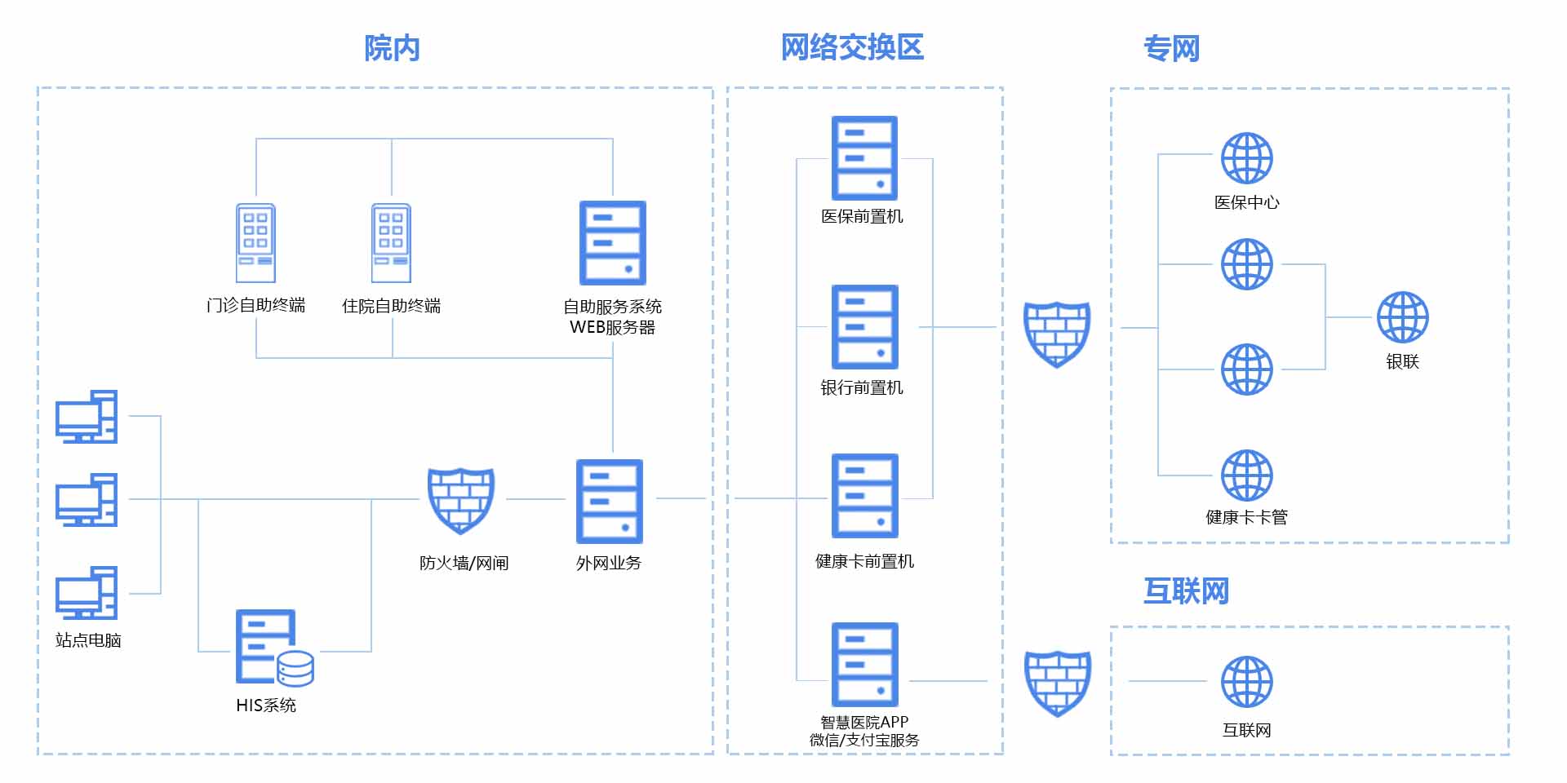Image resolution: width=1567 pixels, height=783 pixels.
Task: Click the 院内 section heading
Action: point(392,48)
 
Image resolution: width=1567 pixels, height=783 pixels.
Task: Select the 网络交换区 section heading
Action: point(852,47)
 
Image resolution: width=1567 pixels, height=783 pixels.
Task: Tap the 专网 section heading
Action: point(1171,49)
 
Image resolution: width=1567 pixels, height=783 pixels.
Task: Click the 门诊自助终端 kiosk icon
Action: point(255,243)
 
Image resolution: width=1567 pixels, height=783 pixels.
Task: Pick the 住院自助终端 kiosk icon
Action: point(391,243)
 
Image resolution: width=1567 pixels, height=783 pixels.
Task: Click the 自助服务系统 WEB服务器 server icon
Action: point(612,243)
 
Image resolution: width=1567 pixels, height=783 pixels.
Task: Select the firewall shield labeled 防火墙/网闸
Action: point(461,500)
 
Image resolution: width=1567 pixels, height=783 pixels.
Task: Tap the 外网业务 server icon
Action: point(610,501)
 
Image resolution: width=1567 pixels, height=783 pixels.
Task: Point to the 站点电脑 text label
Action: point(88,640)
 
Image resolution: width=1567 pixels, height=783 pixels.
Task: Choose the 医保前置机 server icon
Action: point(864,157)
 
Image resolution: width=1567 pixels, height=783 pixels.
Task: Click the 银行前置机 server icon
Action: point(864,326)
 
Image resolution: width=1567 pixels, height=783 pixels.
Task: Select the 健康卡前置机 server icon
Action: point(864,495)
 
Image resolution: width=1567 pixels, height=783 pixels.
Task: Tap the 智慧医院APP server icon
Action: point(864,664)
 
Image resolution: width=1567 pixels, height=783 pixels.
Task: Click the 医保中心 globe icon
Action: point(1246,158)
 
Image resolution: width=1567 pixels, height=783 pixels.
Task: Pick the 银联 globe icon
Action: point(1402,317)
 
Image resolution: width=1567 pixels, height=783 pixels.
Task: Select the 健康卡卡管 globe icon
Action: point(1246,475)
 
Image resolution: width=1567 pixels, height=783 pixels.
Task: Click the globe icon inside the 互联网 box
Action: point(1246,681)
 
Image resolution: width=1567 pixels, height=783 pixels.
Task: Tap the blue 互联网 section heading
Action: point(1186,591)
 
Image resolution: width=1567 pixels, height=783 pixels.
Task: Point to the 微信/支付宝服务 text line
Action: point(864,740)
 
